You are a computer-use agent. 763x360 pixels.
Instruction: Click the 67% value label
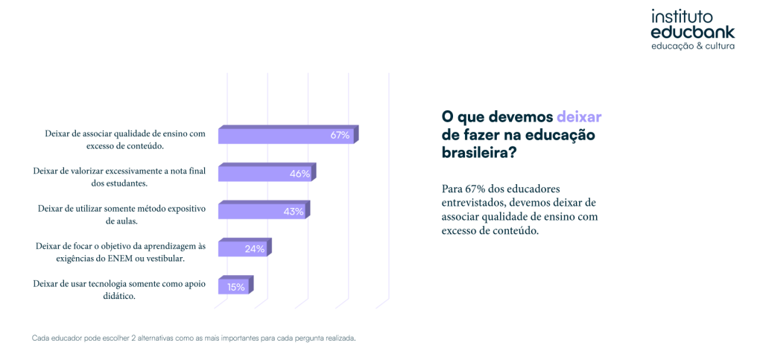(x=341, y=135)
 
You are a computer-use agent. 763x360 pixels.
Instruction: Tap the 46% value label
(x=300, y=174)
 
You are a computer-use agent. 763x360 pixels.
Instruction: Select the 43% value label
(x=294, y=212)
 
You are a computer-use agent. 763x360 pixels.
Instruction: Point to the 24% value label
(x=255, y=249)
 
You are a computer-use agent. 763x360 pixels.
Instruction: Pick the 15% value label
(x=236, y=287)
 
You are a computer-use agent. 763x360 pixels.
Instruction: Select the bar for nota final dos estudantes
(x=253, y=174)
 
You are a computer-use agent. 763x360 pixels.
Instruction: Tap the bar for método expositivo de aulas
(x=250, y=212)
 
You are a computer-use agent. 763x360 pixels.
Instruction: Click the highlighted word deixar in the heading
(x=579, y=117)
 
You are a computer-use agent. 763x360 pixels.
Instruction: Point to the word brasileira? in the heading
(x=478, y=153)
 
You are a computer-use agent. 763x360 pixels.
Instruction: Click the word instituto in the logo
(x=682, y=17)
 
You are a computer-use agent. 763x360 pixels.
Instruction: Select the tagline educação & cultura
(x=693, y=46)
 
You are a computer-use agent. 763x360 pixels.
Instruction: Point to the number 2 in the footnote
(x=133, y=338)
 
